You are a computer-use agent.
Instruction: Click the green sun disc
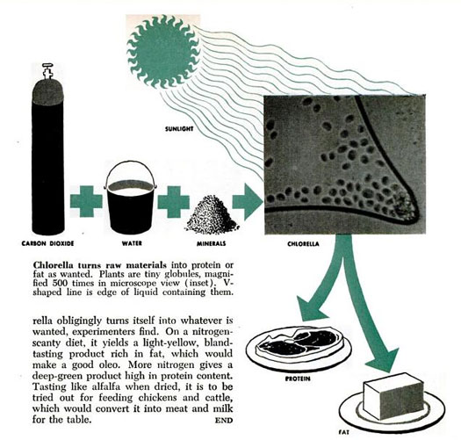(x=163, y=52)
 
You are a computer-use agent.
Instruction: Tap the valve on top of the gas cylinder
(x=47, y=71)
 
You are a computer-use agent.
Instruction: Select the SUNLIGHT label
(x=179, y=129)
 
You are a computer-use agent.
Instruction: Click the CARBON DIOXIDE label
(x=47, y=243)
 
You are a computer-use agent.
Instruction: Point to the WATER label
(x=132, y=243)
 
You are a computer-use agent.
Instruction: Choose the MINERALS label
(x=212, y=243)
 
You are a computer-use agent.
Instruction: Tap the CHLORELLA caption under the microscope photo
(x=303, y=244)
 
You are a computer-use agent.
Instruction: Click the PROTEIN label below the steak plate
(x=298, y=379)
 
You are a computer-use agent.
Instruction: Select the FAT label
(x=344, y=432)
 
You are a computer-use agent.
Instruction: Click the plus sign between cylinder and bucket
(x=86, y=201)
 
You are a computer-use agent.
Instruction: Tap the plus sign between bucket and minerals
(x=174, y=202)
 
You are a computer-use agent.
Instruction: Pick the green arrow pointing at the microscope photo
(x=248, y=202)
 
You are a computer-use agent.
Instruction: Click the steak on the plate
(x=298, y=342)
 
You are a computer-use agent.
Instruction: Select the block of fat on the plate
(x=393, y=395)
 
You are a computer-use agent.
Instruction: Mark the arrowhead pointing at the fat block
(x=383, y=361)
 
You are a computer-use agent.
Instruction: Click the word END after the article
(x=224, y=421)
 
